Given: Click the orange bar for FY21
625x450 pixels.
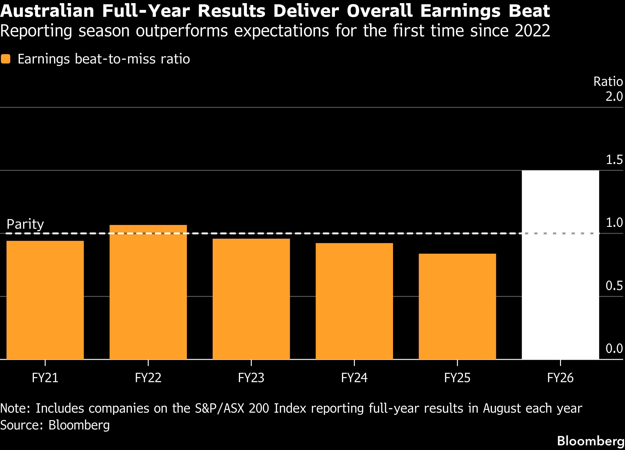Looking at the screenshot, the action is tap(45, 300).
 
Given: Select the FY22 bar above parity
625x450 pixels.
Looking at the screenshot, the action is tap(148, 292).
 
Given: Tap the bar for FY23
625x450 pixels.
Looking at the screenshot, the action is tap(251, 299).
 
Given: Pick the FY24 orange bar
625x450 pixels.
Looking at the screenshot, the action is tap(354, 301).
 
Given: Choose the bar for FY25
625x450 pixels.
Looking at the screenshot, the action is tap(457, 307).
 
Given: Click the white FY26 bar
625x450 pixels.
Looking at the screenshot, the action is tap(560, 265).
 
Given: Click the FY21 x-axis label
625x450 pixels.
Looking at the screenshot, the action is tap(45, 378).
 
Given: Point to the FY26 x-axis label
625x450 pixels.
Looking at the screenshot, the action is tap(560, 378).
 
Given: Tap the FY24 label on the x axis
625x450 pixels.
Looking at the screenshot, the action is tap(354, 378).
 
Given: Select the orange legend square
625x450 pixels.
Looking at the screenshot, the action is tap(6, 59).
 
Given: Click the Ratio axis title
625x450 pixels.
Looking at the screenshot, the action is tap(608, 82).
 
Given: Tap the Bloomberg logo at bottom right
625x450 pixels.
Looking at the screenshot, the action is tap(591, 441).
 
